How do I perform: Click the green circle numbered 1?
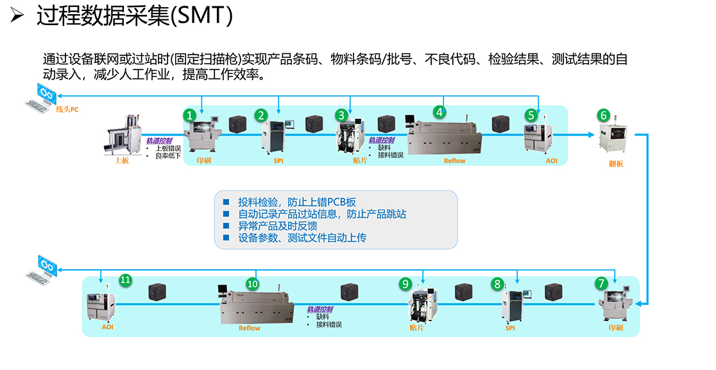point(190,115)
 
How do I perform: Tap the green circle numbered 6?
point(604,115)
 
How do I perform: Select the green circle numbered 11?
point(126,280)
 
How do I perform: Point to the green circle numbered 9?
point(405,284)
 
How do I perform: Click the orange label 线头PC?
point(67,109)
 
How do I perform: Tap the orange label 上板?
point(122,161)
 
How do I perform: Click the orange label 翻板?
point(616,164)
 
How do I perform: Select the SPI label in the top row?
point(278,161)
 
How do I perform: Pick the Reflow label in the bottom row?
point(250,328)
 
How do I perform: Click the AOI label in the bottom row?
point(107,327)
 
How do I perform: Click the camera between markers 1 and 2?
point(237,124)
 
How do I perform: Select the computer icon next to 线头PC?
point(41,98)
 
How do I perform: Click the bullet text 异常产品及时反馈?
point(278,226)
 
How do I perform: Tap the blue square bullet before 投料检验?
point(226,202)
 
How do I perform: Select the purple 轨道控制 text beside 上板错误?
point(159,141)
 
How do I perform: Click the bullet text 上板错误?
point(169,148)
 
